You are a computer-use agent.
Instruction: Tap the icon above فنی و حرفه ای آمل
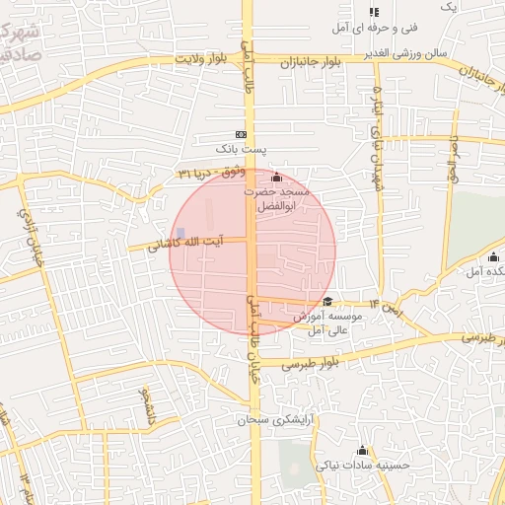(374, 12)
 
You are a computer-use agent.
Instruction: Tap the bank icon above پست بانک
(241, 134)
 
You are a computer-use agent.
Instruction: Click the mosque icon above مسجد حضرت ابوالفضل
(276, 178)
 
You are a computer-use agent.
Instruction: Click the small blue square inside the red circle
(180, 233)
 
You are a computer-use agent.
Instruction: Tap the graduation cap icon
(326, 303)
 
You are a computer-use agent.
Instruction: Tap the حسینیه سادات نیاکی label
(357, 464)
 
